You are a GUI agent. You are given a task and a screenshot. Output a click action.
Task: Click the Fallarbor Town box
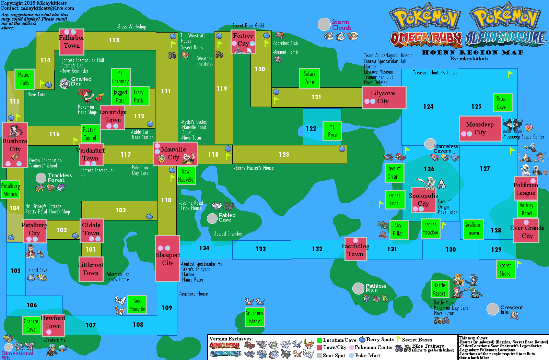tap(72, 42)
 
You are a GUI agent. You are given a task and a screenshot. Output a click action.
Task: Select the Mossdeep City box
tap(480, 129)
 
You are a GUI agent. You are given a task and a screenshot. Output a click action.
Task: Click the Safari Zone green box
tap(309, 78)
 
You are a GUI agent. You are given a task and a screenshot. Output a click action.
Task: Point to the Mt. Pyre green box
tap(332, 131)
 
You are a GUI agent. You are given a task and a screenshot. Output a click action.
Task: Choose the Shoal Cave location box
tap(501, 103)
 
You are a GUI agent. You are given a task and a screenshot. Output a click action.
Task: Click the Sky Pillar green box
tap(398, 229)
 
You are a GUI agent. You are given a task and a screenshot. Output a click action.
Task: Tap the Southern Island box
tap(255, 317)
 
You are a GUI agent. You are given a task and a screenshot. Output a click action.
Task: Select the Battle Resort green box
tap(439, 289)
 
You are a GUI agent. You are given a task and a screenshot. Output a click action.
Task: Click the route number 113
tap(114, 40)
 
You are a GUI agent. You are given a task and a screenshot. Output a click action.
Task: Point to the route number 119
tap(222, 89)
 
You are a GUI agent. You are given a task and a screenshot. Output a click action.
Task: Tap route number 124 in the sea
tap(428, 107)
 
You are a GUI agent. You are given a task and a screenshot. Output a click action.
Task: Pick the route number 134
tap(204, 248)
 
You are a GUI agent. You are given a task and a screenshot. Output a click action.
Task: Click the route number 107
tap(91, 325)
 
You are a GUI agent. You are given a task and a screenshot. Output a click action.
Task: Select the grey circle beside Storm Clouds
tap(324, 24)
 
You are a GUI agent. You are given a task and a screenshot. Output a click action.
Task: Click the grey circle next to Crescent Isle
tap(492, 309)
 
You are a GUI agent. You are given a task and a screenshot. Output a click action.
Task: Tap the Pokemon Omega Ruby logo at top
tap(426, 26)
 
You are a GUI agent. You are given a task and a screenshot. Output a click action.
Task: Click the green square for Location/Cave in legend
tap(319, 340)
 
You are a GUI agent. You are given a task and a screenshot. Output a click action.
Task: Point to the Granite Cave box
tap(31, 325)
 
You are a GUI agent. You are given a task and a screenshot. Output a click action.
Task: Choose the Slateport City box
tap(167, 259)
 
